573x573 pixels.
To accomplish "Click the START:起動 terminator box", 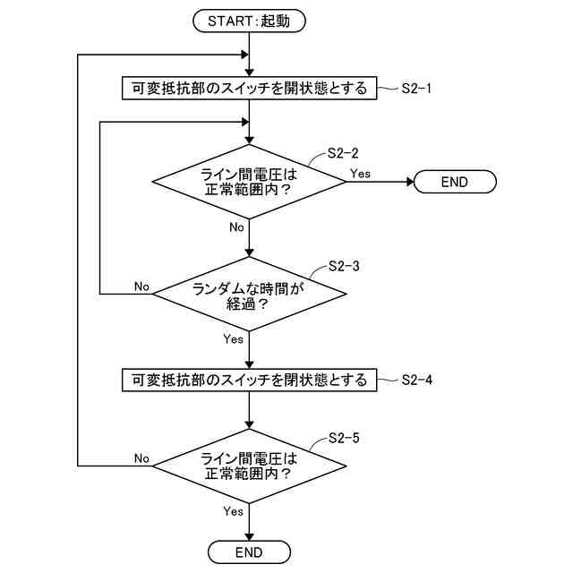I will pos(249,21).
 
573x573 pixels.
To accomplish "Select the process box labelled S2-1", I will pos(249,88).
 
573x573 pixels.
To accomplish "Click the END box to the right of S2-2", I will pos(454,182).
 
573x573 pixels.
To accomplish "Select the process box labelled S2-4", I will pos(249,380).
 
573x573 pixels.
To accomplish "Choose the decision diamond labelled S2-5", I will pos(249,466).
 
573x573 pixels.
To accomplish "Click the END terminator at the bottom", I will pos(249,552).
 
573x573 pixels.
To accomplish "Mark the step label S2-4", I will pos(417,380).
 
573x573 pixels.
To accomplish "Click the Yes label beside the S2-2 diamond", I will pos(362,172).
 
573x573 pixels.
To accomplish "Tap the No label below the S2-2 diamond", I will pos(236,227).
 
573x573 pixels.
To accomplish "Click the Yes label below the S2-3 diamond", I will pos(233,339).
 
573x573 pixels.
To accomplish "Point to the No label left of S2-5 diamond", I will pos(141,458).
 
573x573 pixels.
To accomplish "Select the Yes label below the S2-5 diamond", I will pos(233,511).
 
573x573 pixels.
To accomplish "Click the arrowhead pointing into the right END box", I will pos(410,182).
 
